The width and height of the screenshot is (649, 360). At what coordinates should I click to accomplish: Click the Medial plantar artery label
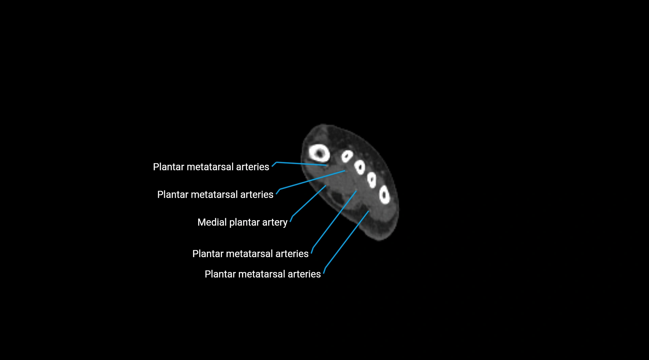click(x=242, y=222)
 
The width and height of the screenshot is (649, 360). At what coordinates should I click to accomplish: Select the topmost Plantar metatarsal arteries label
click(x=211, y=167)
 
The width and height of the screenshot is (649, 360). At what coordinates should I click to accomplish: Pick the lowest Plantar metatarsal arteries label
click(x=263, y=274)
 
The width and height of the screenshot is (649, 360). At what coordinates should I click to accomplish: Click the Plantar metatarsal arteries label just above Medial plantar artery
click(x=215, y=194)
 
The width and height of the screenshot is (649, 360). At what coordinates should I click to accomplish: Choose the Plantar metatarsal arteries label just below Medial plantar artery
click(x=250, y=254)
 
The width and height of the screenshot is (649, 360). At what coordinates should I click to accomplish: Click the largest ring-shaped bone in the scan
click(x=319, y=153)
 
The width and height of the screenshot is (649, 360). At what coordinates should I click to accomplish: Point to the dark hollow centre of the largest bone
click(x=319, y=154)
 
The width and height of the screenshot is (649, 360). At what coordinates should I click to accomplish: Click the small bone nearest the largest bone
click(x=347, y=156)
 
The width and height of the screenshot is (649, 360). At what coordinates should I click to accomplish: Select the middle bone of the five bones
click(x=360, y=167)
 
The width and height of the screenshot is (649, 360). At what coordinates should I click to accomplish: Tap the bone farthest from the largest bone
click(x=384, y=195)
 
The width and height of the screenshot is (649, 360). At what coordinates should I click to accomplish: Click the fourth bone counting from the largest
click(x=372, y=180)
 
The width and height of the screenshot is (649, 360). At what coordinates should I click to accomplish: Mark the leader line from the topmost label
click(x=302, y=164)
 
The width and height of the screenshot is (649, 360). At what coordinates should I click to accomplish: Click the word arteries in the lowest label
click(x=304, y=274)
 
